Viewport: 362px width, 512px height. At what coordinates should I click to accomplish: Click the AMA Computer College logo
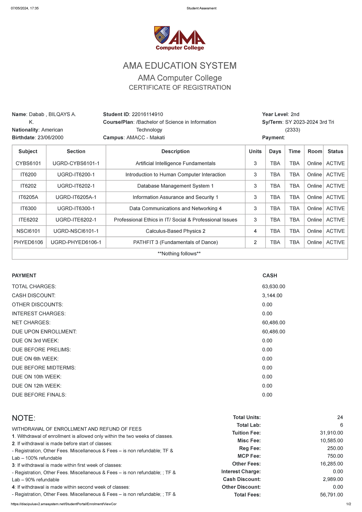[x=180, y=38]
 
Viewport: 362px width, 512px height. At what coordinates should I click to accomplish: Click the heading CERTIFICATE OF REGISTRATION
[x=180, y=87]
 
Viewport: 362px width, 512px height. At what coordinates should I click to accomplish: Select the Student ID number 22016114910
[x=147, y=114]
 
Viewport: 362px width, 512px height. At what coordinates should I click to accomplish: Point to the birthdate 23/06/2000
[x=50, y=137]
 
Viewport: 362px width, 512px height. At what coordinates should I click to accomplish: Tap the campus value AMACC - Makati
[x=145, y=137]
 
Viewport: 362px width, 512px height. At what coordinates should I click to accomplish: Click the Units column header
[x=255, y=151]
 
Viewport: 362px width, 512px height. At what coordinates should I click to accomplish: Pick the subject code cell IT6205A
[x=28, y=197]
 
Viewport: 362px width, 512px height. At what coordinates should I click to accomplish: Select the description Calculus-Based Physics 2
[x=175, y=231]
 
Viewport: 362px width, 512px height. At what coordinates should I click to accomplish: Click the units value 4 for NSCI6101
[x=255, y=231]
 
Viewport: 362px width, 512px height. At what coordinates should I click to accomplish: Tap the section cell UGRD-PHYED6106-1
[x=76, y=242]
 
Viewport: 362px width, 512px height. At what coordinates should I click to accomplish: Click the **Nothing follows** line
[x=179, y=254]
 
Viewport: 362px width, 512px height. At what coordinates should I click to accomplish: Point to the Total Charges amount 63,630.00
[x=274, y=286]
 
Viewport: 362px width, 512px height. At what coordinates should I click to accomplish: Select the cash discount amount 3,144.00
[x=272, y=296]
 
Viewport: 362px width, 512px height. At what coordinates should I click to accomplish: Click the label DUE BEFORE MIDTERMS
[x=44, y=368]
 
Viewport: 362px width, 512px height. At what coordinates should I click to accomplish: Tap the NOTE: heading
[x=24, y=418]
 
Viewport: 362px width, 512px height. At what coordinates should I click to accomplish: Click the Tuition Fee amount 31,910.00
[x=331, y=433]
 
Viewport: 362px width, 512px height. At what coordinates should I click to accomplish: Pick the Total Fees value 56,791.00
[x=331, y=495]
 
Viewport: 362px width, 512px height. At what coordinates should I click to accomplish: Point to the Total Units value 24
[x=340, y=417]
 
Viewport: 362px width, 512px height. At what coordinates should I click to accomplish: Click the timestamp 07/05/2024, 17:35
[x=25, y=8]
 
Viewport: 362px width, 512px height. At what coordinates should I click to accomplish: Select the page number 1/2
[x=349, y=504]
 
